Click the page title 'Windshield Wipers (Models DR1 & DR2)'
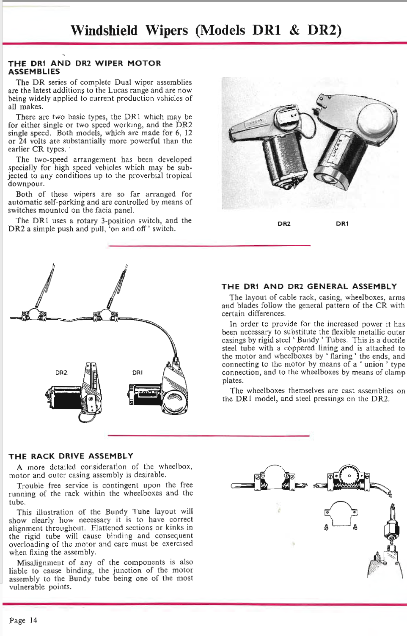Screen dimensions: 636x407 (x=206, y=30)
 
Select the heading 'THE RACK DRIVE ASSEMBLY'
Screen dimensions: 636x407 (x=71, y=456)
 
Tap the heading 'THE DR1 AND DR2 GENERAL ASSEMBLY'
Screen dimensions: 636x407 (x=309, y=286)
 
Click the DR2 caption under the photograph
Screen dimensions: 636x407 (x=284, y=224)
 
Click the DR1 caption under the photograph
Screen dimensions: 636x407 (x=342, y=224)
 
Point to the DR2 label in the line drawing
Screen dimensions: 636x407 (x=61, y=373)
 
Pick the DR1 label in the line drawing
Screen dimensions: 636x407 (x=137, y=373)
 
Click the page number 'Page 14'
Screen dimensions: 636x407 (x=23, y=620)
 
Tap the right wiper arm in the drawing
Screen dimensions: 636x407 (x=118, y=288)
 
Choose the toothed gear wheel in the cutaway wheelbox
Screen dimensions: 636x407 (x=350, y=476)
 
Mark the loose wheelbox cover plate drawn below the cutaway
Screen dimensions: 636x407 (x=341, y=514)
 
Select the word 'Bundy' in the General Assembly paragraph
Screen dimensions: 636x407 (x=308, y=340)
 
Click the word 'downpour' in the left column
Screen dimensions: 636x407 (x=26, y=184)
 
